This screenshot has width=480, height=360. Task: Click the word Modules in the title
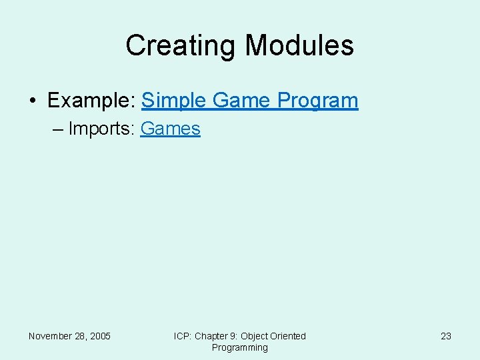point(299,45)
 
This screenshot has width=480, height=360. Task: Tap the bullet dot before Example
point(32,101)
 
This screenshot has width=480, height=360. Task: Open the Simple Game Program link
point(250,101)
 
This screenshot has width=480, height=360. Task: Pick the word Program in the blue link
point(318,101)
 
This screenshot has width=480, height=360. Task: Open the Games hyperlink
point(171,128)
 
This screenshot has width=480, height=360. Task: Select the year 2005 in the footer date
point(101,336)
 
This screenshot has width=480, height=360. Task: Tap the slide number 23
point(446,336)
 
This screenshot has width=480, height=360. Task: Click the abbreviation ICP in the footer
point(182,336)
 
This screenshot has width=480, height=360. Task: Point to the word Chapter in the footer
point(210,336)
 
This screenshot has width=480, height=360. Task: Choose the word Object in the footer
point(255,336)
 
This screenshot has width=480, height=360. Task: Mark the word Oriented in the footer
point(289,336)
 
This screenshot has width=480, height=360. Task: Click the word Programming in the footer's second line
point(240,347)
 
